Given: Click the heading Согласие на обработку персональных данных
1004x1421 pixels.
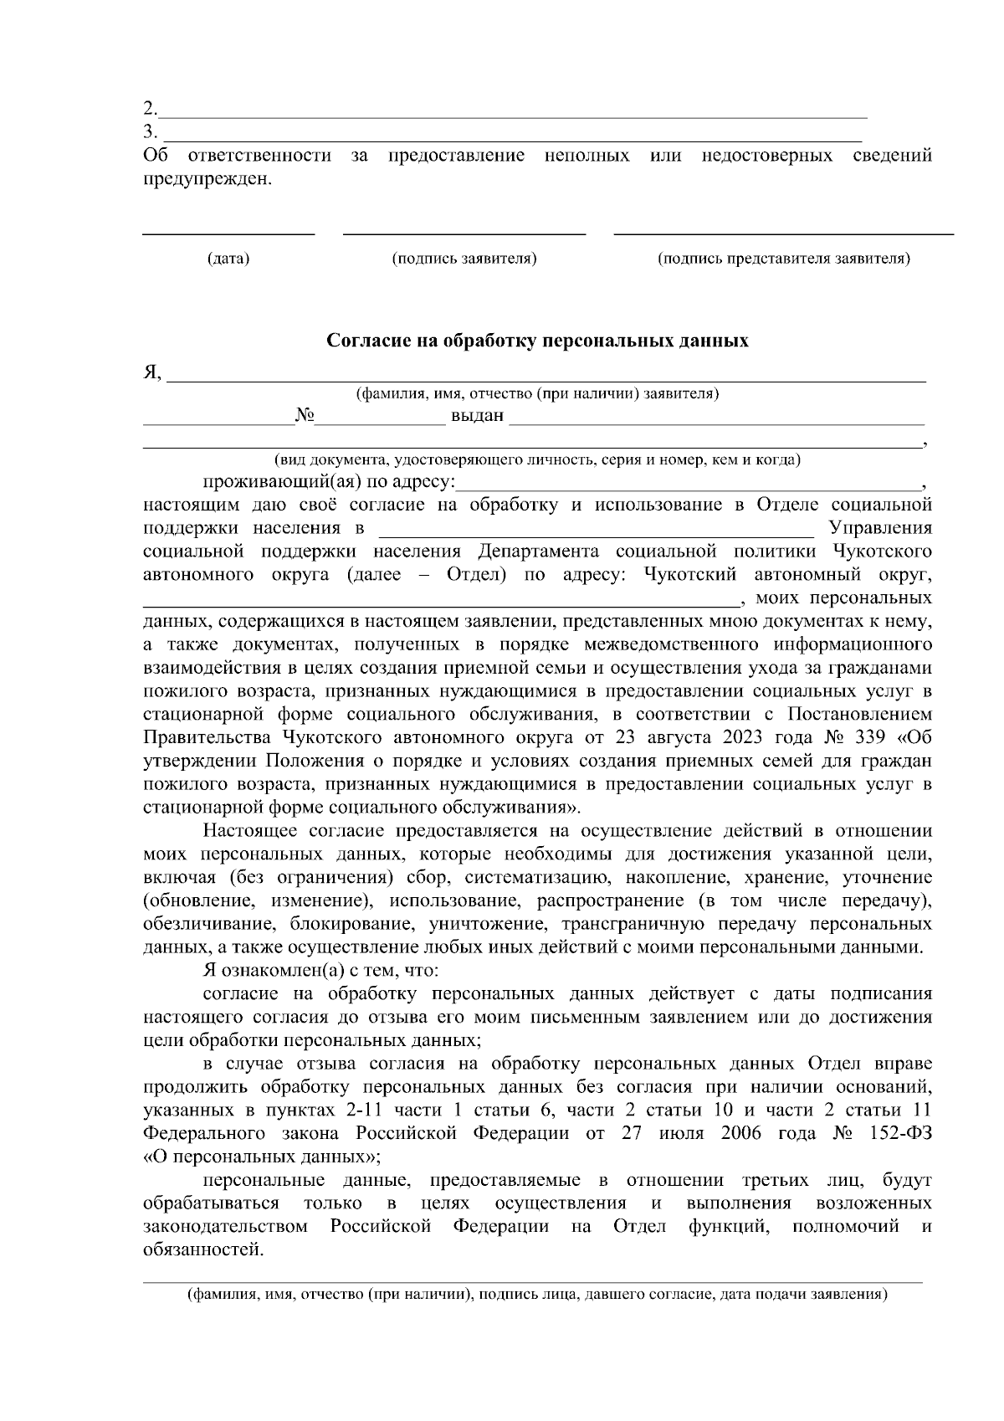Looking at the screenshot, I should pos(537,341).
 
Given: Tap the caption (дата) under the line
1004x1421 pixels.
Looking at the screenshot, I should pos(228,259).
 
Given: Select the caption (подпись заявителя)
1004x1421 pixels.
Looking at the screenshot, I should pos(464,259).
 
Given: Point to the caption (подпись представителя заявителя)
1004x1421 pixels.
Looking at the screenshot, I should pos(784,259).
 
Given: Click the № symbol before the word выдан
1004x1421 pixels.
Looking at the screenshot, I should pos(304,416).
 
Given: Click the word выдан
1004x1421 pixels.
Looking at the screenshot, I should pos(478,416).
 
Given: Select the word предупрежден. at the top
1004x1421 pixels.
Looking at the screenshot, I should pos(208,178).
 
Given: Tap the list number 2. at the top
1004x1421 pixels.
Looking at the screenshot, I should pos(150,109).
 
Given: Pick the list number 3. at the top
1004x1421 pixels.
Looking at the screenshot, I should pos(150,131).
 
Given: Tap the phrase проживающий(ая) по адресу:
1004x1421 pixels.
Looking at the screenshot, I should pos(329,483).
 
